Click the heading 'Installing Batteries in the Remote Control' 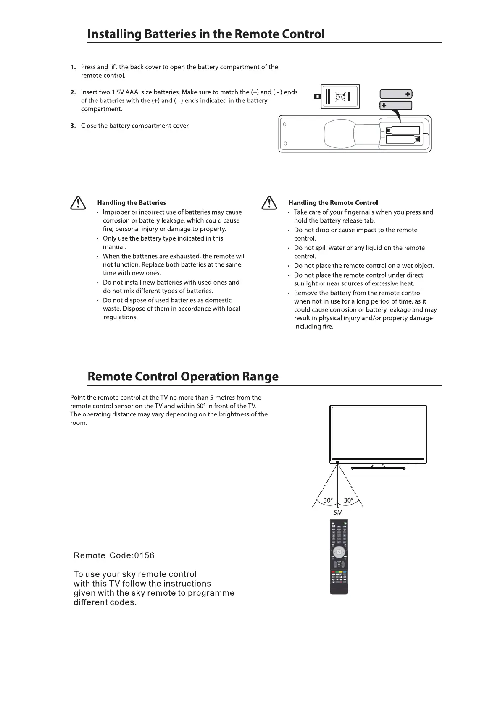click(x=206, y=34)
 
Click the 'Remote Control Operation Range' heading click(x=183, y=376)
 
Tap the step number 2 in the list click(x=73, y=92)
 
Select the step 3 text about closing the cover click(x=135, y=126)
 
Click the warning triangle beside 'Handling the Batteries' click(x=77, y=203)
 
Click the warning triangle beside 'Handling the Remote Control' click(x=268, y=203)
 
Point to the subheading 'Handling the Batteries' click(x=132, y=203)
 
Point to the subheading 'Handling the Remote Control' click(x=333, y=203)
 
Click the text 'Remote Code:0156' click(x=114, y=555)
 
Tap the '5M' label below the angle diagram click(x=338, y=513)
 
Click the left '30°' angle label click(x=328, y=500)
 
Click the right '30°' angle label click(x=348, y=500)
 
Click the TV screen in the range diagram click(x=378, y=433)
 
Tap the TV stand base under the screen click(x=378, y=468)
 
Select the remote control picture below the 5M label click(x=339, y=557)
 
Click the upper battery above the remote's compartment click(x=396, y=94)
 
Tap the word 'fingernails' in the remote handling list click(x=358, y=212)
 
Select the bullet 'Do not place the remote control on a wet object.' click(x=364, y=266)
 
